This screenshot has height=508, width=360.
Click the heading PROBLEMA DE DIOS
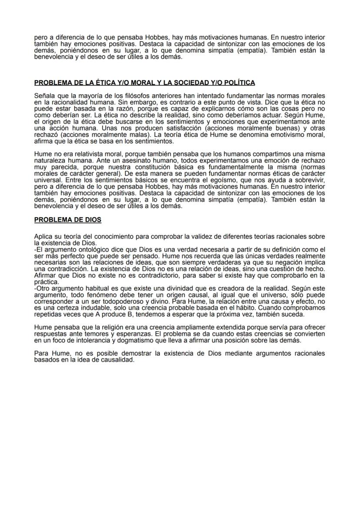point(67,220)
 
